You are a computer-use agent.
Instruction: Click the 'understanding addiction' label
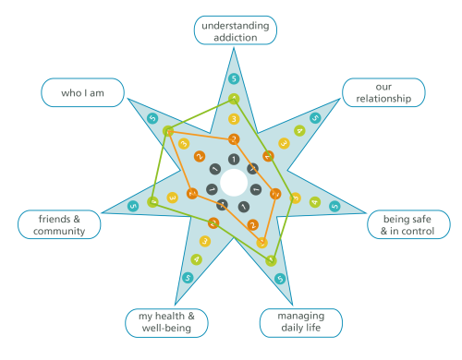coord(234,30)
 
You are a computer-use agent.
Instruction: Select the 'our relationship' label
coord(383,92)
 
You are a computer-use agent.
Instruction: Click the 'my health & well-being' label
coord(166,322)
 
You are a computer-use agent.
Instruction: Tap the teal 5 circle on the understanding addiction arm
coord(234,78)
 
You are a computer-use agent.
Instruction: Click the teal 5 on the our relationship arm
coord(315,118)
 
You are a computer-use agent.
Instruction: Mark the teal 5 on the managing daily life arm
coord(279,275)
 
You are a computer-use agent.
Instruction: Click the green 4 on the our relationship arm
coord(298,131)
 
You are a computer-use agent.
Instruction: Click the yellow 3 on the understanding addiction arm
coord(234,119)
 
